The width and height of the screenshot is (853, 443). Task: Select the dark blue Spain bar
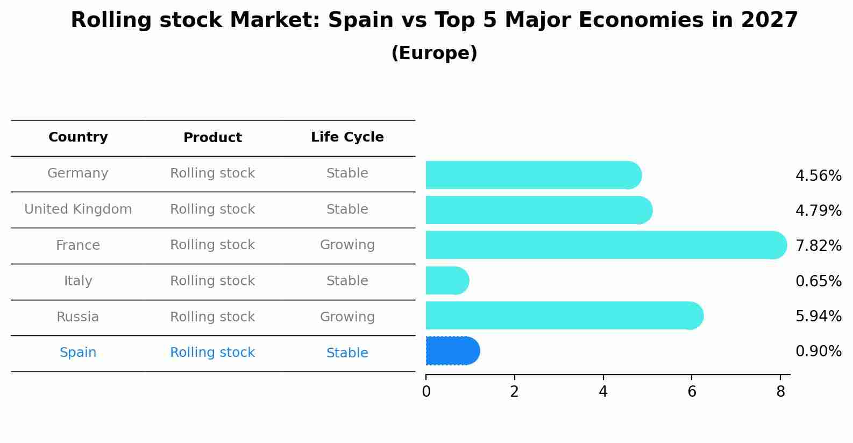[452, 351]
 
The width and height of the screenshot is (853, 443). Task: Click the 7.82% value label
[818, 246]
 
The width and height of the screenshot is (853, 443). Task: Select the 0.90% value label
[818, 351]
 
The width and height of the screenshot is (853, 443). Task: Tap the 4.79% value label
[818, 210]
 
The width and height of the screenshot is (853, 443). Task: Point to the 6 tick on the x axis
[692, 392]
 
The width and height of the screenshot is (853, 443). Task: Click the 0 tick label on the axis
[426, 392]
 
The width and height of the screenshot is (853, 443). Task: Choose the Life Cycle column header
[347, 137]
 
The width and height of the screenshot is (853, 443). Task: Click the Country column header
[78, 137]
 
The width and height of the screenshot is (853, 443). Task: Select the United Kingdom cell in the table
[78, 209]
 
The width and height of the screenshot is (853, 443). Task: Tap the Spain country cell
[78, 353]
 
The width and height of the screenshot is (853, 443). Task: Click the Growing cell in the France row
[347, 245]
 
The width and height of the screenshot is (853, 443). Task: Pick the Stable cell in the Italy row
[347, 281]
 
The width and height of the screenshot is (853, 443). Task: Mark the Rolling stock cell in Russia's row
[212, 317]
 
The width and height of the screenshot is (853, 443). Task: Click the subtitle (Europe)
[434, 53]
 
